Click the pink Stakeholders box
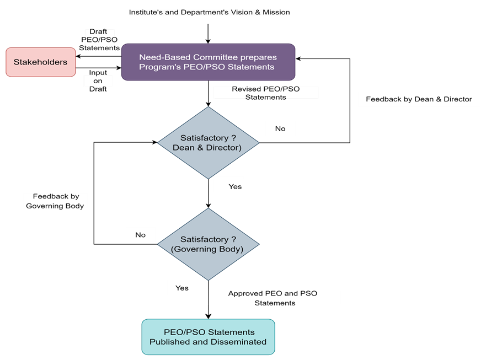click(40, 62)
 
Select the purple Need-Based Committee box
click(208, 62)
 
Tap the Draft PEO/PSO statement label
click(99, 40)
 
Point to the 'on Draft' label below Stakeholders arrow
click(98, 80)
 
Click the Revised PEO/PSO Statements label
click(266, 93)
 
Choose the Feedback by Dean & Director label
click(419, 99)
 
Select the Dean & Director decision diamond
click(207, 143)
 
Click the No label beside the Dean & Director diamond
click(280, 128)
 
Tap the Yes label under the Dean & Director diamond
click(234, 186)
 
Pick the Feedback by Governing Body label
click(55, 201)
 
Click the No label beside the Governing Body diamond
click(140, 235)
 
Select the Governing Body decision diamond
click(207, 244)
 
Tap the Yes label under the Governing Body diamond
click(182, 288)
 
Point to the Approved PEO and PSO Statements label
click(274, 298)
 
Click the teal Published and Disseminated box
click(208, 337)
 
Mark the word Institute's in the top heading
click(146, 12)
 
